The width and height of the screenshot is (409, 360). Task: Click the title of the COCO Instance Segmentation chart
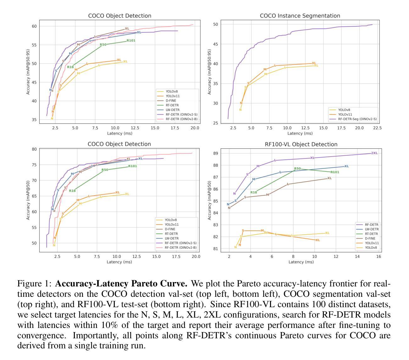[300, 16]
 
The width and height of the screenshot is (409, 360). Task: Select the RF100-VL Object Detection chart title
[301, 144]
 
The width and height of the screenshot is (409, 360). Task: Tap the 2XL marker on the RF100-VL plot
[374, 153]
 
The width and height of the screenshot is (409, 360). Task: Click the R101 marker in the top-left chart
[131, 41]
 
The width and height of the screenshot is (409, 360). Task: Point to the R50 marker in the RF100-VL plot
[297, 169]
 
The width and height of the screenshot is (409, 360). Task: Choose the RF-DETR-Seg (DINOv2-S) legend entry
[357, 119]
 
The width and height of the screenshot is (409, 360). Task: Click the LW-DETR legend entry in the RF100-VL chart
[372, 229]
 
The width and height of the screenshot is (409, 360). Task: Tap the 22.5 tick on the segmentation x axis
[377, 128]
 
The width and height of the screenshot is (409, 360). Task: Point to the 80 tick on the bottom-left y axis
[34, 149]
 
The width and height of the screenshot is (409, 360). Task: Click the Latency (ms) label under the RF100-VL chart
[301, 262]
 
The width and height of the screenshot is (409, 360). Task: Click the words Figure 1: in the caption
[34, 284]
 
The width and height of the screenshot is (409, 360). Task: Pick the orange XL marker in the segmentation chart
[314, 63]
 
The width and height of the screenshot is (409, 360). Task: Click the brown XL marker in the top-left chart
[127, 29]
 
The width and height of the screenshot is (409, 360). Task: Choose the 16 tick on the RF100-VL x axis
[379, 257]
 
